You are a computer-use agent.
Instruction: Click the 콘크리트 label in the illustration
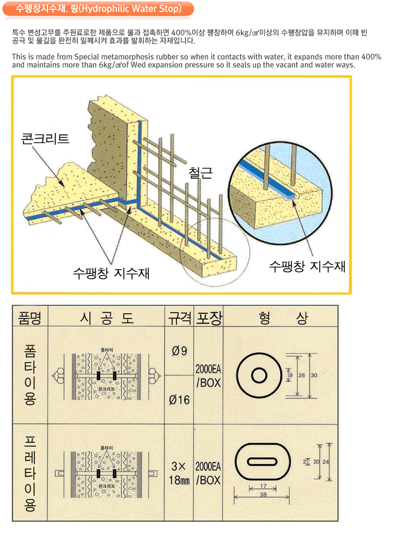click(x=45, y=139)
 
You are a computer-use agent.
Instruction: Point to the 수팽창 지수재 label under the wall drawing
click(x=111, y=273)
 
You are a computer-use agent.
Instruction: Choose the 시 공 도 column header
click(x=107, y=317)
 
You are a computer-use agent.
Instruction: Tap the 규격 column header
click(x=179, y=317)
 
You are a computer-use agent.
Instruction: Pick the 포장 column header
click(x=209, y=317)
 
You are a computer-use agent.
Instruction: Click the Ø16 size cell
click(x=179, y=399)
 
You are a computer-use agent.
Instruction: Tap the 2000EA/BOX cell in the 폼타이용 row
click(x=209, y=375)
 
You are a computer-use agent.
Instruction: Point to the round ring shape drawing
click(x=259, y=376)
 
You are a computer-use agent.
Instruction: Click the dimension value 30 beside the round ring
click(x=313, y=375)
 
